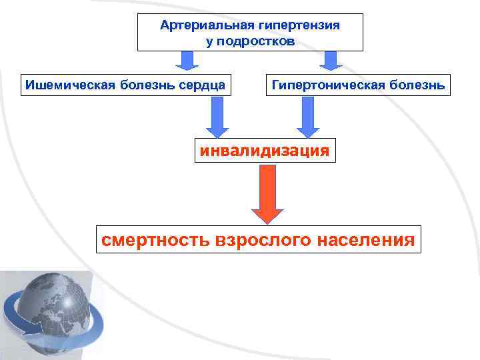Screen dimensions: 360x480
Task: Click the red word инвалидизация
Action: (264, 150)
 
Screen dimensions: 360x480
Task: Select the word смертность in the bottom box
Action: (153, 239)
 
